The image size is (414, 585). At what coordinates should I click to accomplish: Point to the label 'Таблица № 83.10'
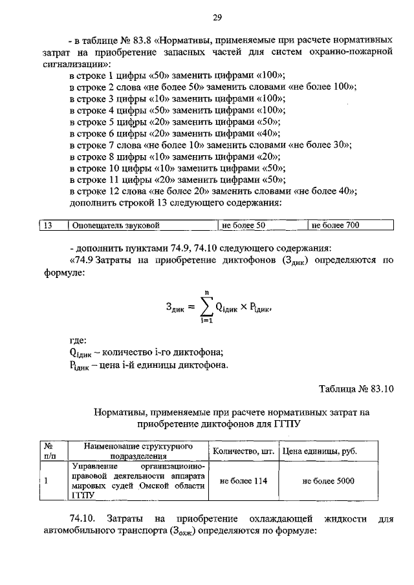coord(356,388)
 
